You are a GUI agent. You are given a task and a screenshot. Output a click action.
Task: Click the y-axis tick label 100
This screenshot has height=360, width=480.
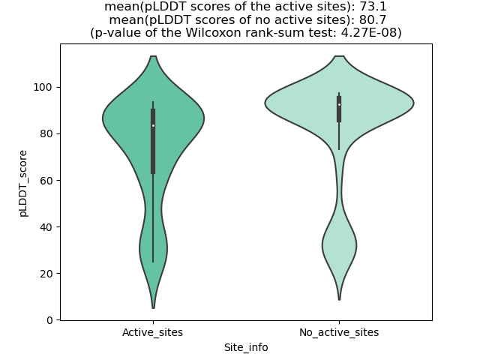(x=45, y=87)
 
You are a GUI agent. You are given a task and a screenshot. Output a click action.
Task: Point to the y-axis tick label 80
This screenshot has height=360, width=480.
(x=47, y=133)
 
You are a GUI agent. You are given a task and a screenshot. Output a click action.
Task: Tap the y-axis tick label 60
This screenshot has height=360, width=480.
(x=47, y=180)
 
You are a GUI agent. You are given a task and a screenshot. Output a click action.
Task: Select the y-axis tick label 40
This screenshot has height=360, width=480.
(x=47, y=226)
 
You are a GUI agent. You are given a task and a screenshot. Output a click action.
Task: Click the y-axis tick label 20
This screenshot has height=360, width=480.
(x=47, y=273)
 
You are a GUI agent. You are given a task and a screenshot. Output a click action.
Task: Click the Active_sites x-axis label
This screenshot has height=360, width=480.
(x=153, y=332)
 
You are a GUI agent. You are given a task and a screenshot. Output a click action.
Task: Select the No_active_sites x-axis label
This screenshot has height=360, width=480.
(x=339, y=332)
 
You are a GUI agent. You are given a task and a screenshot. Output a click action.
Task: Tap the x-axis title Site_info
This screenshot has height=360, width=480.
(x=246, y=347)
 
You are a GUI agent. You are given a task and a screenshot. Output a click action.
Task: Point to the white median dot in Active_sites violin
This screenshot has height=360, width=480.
(x=153, y=125)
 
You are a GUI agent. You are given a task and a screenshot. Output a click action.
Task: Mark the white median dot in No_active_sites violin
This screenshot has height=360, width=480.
(x=339, y=104)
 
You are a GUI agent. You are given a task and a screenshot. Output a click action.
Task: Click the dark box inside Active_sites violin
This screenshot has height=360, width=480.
(x=153, y=142)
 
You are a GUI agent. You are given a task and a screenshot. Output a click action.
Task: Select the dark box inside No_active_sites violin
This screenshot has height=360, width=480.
(x=339, y=109)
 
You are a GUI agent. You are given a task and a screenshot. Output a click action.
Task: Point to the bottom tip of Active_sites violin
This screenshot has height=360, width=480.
(x=153, y=307)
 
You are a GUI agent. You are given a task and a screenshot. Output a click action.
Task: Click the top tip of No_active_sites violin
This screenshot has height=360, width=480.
(x=339, y=56)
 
